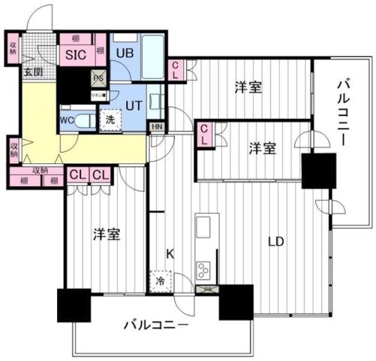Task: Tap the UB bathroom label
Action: (x=123, y=53)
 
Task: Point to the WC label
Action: (x=65, y=118)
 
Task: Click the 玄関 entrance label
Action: (x=32, y=72)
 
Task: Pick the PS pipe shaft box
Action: (x=98, y=76)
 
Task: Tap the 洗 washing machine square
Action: (x=110, y=119)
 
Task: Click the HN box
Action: (x=157, y=127)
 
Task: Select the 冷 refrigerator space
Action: (x=161, y=281)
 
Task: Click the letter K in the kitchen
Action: (x=170, y=255)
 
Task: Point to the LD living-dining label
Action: (x=276, y=242)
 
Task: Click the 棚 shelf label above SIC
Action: (x=76, y=38)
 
